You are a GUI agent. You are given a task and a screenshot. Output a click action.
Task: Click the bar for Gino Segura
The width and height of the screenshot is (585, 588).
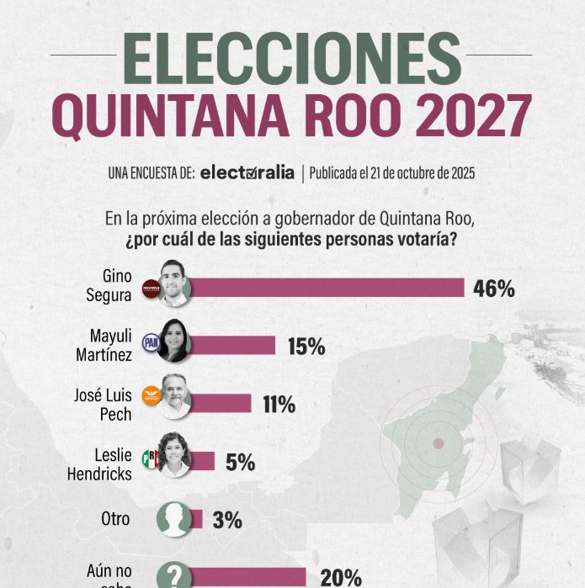tap(328, 288)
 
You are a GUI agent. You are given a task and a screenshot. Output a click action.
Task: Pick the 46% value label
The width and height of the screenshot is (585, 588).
tap(493, 289)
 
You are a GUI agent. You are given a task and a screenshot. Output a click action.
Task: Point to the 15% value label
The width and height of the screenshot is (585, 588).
tap(306, 346)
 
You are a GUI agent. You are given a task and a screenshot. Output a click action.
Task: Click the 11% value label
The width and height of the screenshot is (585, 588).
tap(279, 405)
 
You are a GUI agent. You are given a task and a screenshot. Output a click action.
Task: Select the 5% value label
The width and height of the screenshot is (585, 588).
tap(239, 462)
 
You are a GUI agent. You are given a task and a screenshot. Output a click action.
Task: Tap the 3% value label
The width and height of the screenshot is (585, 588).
tap(226, 520)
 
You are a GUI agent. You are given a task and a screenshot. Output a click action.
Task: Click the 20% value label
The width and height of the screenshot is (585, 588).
tap(340, 577)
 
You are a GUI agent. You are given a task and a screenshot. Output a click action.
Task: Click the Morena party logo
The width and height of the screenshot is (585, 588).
tap(151, 289)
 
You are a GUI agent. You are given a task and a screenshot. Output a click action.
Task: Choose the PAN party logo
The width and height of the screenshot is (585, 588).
tap(151, 342)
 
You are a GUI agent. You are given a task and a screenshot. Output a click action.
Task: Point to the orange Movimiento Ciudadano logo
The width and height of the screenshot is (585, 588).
tap(151, 396)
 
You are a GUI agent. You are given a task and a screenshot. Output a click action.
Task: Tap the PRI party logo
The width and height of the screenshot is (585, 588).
tap(151, 458)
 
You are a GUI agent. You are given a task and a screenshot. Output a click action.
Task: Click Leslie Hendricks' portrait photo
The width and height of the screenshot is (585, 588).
tap(174, 459)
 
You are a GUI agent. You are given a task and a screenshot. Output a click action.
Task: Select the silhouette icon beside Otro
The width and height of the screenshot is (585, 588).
tap(174, 518)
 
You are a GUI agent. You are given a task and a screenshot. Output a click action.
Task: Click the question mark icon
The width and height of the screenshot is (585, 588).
tap(174, 575)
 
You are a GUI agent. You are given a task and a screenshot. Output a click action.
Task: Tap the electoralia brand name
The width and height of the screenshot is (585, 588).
tap(247, 174)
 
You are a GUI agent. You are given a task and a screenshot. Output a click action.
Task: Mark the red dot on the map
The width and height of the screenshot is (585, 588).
tap(438, 443)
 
